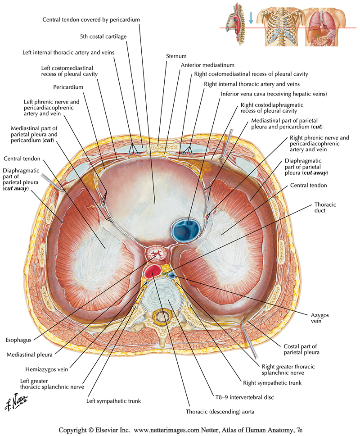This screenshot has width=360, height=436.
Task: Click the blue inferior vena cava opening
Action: pos(187,228)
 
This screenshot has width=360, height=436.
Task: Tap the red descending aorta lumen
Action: pos(153,271)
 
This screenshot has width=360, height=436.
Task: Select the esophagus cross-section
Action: pos(157,254)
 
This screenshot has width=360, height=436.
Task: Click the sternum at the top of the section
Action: pos(158,145)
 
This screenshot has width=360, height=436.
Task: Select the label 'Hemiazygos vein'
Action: pos(44,369)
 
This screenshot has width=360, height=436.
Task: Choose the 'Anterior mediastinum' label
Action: pos(207,65)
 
